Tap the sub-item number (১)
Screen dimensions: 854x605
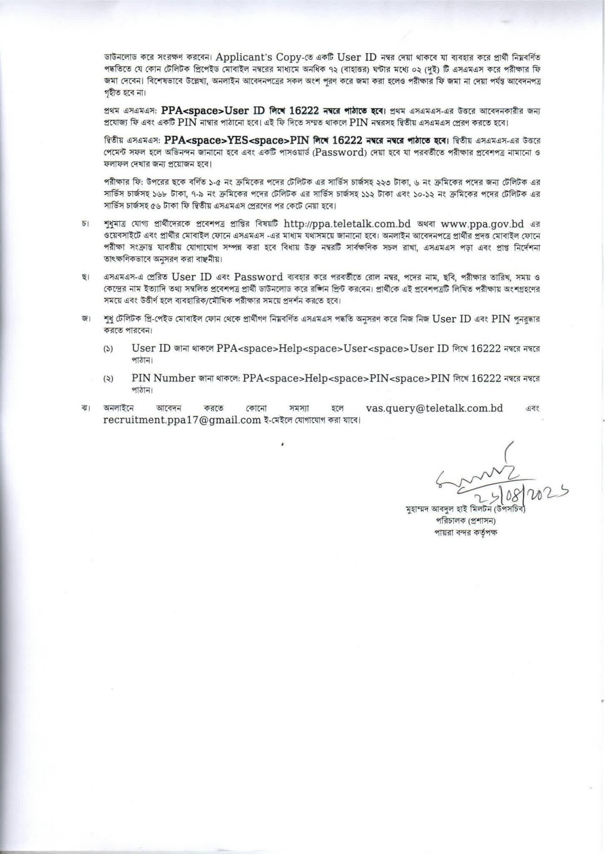click(108, 349)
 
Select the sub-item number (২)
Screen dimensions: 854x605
click(108, 379)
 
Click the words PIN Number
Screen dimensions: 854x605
click(163, 378)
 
